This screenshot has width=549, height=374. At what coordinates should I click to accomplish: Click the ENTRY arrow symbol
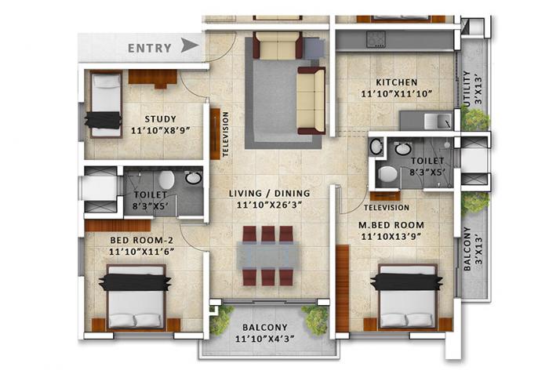click(x=189, y=46)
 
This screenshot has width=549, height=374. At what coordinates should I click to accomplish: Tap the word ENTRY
click(x=150, y=48)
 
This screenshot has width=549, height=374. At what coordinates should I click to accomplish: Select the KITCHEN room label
click(x=396, y=82)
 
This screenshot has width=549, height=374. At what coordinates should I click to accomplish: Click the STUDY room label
click(x=161, y=119)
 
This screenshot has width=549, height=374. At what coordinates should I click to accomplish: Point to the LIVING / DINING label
click(x=269, y=193)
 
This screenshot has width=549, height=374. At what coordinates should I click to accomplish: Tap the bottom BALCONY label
click(x=264, y=328)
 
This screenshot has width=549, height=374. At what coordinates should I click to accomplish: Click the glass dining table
click(x=267, y=254)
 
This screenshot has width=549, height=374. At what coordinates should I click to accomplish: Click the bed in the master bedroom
click(x=406, y=296)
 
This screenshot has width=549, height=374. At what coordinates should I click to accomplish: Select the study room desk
click(x=152, y=77)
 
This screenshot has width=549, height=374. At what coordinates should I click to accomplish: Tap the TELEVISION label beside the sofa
click(x=225, y=134)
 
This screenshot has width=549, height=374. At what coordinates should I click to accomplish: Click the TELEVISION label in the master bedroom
click(x=387, y=208)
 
